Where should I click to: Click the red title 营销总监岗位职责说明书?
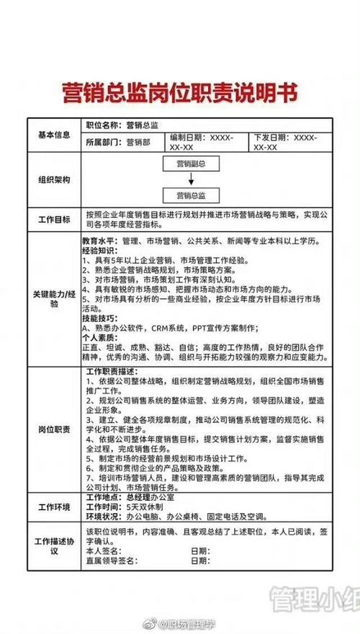(x=179, y=94)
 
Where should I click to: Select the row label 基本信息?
(x=53, y=134)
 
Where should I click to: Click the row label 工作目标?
(x=53, y=219)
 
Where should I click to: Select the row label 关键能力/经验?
(x=53, y=299)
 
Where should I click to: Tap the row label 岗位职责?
(x=53, y=429)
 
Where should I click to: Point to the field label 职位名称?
(x=101, y=125)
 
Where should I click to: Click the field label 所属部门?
(x=101, y=143)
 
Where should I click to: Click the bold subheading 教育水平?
(x=98, y=241)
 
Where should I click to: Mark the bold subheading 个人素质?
(x=98, y=336)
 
